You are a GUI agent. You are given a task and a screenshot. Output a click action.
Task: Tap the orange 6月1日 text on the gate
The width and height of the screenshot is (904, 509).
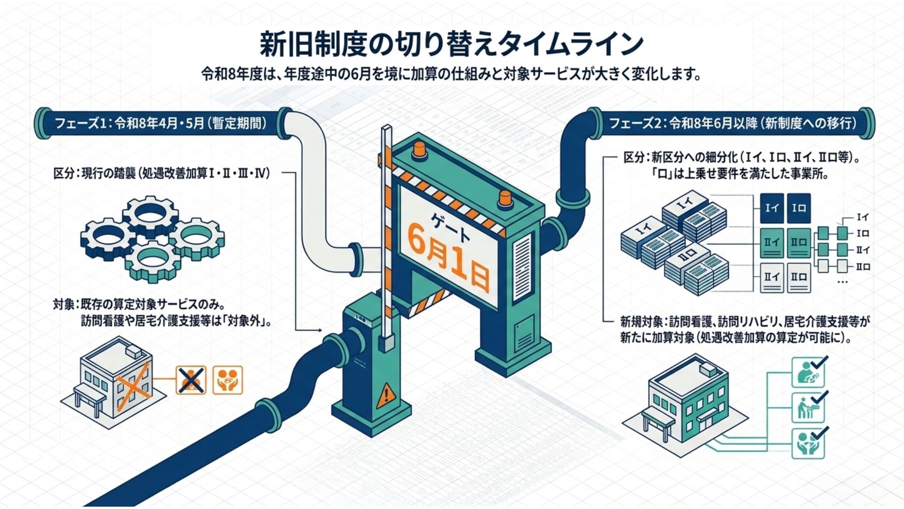point(447,262)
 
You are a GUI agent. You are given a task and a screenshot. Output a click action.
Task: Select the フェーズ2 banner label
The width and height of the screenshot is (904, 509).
point(732,123)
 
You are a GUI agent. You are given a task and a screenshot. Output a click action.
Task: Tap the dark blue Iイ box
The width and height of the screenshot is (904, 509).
point(772,208)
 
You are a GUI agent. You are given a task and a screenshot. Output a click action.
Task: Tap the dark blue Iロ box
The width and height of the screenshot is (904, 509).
point(799,208)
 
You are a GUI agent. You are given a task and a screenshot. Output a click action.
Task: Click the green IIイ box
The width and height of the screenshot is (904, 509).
point(772,243)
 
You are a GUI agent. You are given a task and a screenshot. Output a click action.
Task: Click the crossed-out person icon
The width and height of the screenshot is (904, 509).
point(191,380)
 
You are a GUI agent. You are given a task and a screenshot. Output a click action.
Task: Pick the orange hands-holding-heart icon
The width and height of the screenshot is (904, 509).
point(227,380)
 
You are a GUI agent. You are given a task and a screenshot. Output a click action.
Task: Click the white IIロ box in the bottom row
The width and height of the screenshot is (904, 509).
point(799,278)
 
